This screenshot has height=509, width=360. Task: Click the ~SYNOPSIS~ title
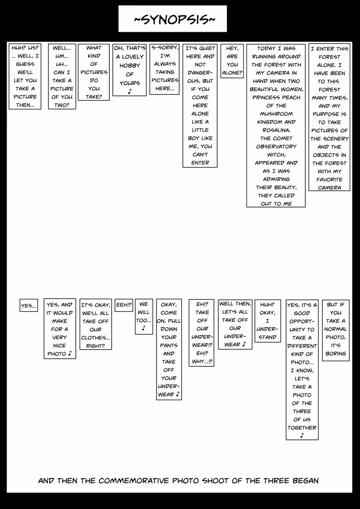click(x=174, y=20)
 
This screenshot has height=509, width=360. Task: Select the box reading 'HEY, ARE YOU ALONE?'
click(x=232, y=61)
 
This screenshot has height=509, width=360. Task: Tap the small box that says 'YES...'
click(x=29, y=305)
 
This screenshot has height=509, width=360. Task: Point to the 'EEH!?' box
click(x=124, y=305)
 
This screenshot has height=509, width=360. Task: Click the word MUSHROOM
click(x=276, y=114)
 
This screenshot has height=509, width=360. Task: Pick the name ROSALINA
click(x=276, y=130)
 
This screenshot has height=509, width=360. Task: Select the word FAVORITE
click(x=329, y=180)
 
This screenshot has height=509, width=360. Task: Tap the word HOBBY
click(x=130, y=66)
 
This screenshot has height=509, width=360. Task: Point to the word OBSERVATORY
click(x=276, y=147)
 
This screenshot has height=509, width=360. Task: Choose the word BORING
click(x=335, y=354)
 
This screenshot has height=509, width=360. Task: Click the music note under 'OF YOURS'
click(x=130, y=91)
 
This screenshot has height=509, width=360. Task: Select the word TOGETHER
click(x=302, y=428)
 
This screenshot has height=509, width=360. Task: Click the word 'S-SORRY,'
click(x=165, y=48)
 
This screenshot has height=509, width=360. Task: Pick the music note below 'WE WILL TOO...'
click(x=144, y=328)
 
